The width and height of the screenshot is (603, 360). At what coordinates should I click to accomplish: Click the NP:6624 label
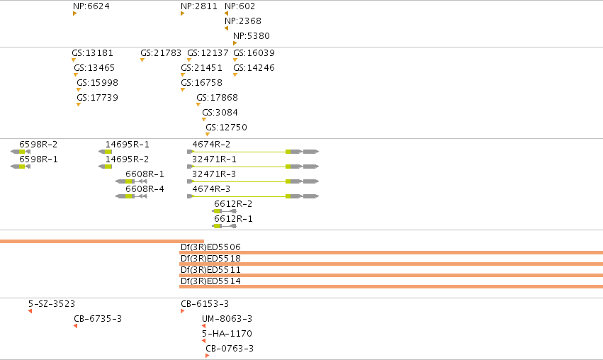[x=91, y=6]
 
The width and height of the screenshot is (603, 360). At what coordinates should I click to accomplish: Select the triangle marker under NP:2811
[x=182, y=13]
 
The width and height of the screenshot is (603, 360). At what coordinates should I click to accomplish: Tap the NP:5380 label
[x=252, y=35]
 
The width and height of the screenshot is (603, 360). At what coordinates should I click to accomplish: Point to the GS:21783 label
[x=161, y=52]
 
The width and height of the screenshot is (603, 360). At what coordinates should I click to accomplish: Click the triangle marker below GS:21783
[x=142, y=60]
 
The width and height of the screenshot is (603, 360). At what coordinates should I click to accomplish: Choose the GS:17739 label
[x=97, y=97]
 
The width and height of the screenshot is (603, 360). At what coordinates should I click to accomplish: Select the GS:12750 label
[x=226, y=128]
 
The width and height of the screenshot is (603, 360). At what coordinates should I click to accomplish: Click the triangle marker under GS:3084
[x=204, y=120]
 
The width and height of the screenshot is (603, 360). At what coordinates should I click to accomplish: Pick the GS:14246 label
[x=254, y=68]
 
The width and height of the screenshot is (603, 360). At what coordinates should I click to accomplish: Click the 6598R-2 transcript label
[x=38, y=145]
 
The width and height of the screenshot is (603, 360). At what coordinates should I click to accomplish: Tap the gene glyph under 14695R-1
[x=105, y=152]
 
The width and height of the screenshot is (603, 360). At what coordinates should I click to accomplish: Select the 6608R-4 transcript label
[x=145, y=189]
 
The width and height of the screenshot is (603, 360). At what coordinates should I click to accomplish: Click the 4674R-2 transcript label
[x=211, y=145]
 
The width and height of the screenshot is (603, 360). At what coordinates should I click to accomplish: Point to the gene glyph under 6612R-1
[x=224, y=226]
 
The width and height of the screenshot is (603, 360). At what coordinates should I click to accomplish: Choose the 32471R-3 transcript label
[x=214, y=174]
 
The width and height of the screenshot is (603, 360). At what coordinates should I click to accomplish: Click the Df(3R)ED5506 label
[x=210, y=247]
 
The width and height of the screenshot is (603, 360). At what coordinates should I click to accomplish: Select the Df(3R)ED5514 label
[x=210, y=281]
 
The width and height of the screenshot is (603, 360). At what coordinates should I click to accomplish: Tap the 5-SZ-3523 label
[x=52, y=304]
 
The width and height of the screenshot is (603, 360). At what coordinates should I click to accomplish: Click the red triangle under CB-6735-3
[x=75, y=326]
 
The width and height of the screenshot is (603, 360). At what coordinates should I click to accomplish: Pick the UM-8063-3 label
[x=227, y=318]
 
